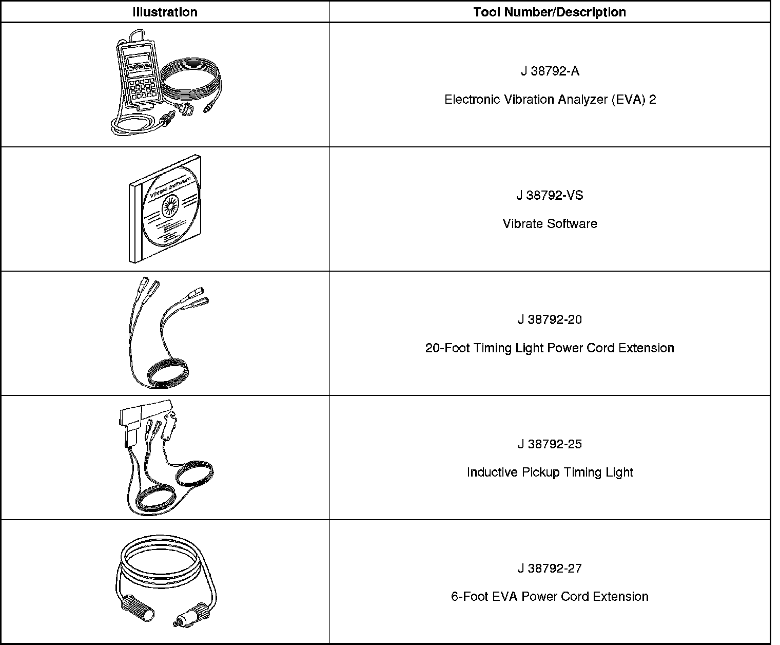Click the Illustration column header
165,12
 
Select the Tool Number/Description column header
550,12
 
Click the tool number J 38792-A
550,71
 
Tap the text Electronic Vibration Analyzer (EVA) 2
550,100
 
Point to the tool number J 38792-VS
550,196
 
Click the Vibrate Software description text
550,224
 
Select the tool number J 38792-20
550,320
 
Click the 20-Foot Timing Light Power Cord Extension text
550,348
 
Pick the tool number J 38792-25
550,444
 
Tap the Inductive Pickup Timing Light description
550,472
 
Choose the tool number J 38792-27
550,568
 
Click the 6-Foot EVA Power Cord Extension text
550,597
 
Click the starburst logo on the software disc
170,207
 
